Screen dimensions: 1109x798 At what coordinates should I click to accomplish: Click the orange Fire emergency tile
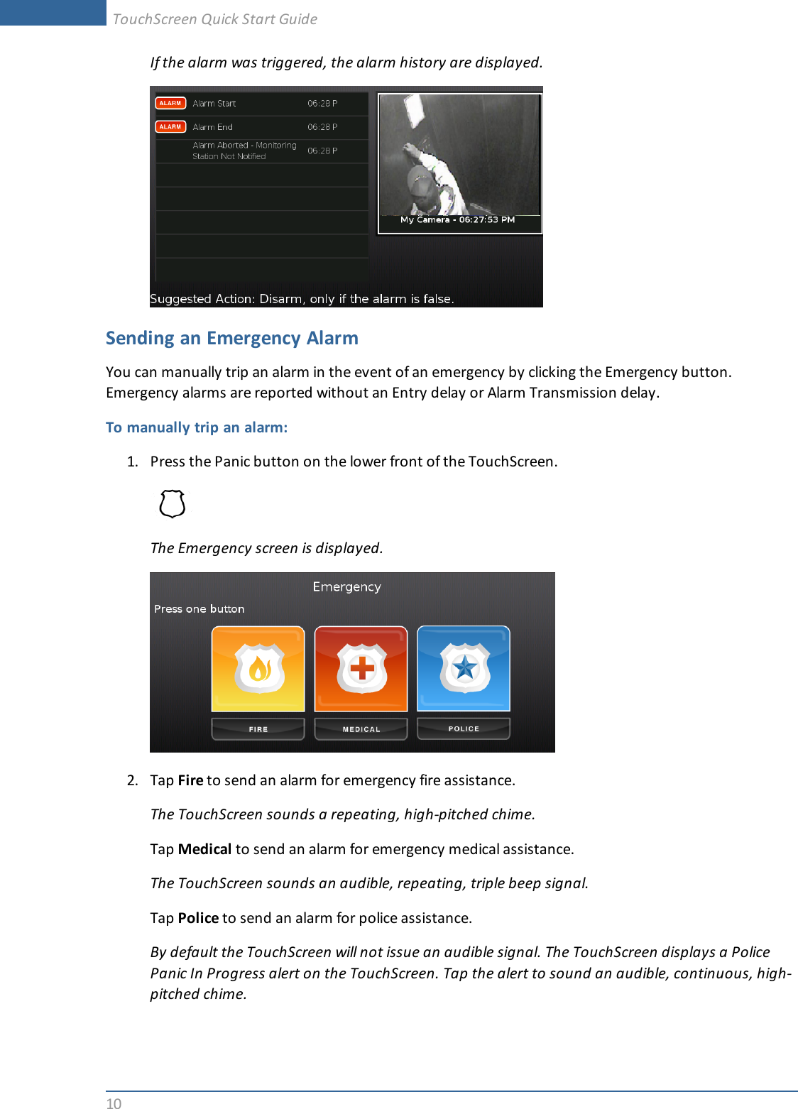point(258,668)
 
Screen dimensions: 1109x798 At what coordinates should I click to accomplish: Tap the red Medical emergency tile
point(361,668)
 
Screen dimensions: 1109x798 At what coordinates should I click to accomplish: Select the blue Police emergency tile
point(464,668)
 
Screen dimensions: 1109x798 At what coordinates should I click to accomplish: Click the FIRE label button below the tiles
point(258,729)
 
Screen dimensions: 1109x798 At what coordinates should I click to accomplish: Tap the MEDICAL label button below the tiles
point(361,729)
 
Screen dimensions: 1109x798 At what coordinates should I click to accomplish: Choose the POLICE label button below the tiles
point(464,728)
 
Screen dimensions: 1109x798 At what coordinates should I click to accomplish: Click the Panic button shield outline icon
point(173,504)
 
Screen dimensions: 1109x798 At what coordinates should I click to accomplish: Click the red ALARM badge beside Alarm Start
point(170,104)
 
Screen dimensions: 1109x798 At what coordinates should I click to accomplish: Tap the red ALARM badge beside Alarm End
point(170,127)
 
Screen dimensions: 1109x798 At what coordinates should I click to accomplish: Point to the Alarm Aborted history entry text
point(244,151)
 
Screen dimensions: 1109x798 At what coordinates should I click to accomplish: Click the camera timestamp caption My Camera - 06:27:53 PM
point(458,220)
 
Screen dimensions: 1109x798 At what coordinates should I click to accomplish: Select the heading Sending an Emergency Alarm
point(232,338)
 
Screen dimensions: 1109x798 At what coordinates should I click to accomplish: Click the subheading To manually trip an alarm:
point(197,427)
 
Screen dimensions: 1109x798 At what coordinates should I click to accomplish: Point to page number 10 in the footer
point(114,1103)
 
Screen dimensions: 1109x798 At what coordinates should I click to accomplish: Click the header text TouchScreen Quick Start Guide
point(215,19)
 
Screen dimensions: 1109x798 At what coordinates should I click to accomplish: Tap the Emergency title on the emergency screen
point(346,587)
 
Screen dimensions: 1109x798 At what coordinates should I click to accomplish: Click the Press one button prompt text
point(199,609)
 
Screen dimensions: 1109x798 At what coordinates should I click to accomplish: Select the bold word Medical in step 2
point(204,849)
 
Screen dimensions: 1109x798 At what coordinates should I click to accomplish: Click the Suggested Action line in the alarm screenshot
point(302,299)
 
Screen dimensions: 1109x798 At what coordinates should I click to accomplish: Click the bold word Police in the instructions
point(198,918)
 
